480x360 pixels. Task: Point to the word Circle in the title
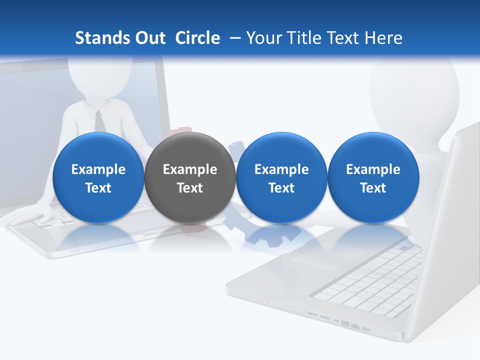point(197,38)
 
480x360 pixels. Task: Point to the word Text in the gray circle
point(189,188)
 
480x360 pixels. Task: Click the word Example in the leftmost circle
point(98,169)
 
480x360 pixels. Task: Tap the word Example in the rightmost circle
point(373,169)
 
